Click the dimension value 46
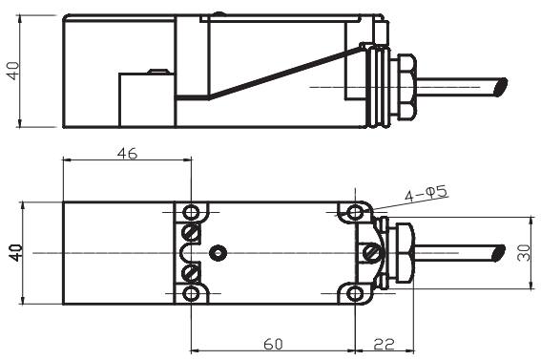(127, 153)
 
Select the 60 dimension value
(273, 344)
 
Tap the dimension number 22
(384, 344)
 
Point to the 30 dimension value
(524, 253)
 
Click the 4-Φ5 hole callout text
(427, 194)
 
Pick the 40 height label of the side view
(13, 71)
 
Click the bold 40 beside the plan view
(16, 253)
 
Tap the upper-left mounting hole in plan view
(191, 212)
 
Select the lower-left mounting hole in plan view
(191, 294)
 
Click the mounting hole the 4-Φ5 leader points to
(355, 212)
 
